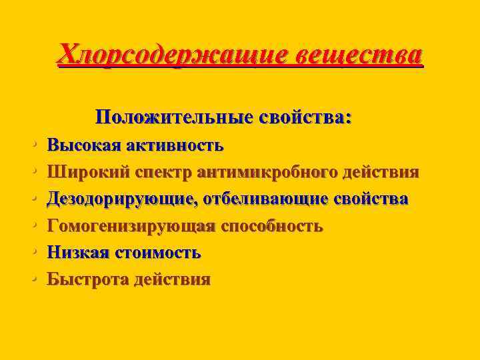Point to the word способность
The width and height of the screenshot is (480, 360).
point(271,226)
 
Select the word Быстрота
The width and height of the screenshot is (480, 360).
point(86,279)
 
